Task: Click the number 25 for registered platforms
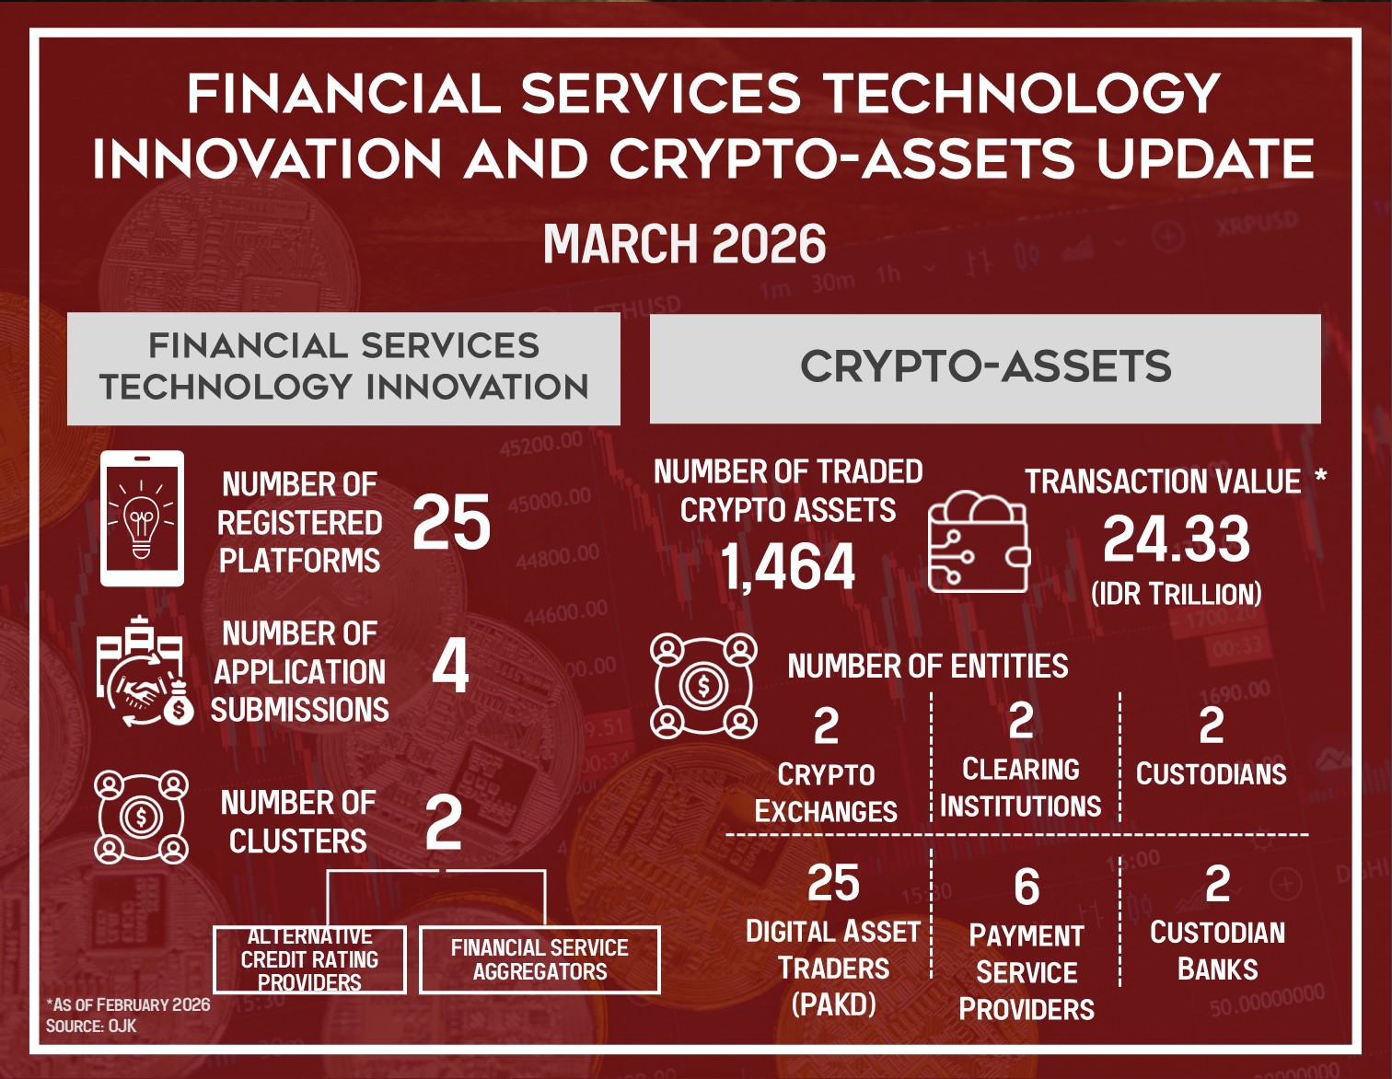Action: click(451, 522)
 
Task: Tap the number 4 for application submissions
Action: click(450, 668)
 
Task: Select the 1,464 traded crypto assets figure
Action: click(787, 566)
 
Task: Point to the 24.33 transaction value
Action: click(1177, 539)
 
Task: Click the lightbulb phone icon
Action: click(142, 518)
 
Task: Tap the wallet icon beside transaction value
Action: click(979, 541)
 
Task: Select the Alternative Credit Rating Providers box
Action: click(309, 959)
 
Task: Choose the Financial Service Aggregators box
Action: click(539, 959)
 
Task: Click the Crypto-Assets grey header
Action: click(985, 368)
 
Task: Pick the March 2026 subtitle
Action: click(685, 244)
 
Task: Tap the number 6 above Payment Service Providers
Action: click(1027, 888)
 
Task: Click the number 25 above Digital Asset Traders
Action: click(833, 883)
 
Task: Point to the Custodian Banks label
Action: click(1217, 951)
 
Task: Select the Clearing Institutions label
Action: click(1020, 788)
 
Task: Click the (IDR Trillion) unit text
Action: click(1177, 594)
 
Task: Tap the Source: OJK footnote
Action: click(91, 1026)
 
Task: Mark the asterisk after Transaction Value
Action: click(1320, 478)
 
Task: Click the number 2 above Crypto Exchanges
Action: click(826, 726)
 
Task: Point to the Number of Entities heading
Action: click(928, 666)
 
